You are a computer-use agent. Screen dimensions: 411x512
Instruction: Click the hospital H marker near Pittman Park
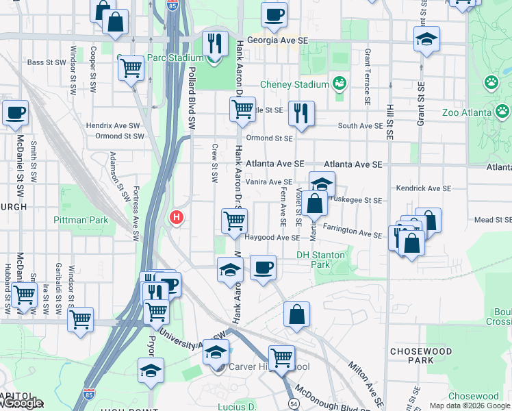coord(177,218)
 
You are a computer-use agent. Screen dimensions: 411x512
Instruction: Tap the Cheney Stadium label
coord(295,84)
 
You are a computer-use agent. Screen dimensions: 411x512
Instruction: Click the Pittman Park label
coord(81,220)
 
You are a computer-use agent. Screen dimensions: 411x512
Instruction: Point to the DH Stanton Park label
coord(322,259)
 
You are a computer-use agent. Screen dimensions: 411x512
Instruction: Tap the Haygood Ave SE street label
coord(272,238)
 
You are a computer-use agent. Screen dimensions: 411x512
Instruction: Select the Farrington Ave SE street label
coord(353,232)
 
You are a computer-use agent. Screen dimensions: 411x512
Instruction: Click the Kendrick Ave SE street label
coord(424,188)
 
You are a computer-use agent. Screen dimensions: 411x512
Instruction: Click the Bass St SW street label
coord(47,62)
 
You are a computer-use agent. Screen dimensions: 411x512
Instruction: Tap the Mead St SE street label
coord(493,220)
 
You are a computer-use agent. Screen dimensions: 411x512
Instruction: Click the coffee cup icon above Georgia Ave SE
coord(274,14)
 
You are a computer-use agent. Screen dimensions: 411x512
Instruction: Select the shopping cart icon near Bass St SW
coord(131,68)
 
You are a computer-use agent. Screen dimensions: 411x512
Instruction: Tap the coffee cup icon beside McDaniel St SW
coord(15,113)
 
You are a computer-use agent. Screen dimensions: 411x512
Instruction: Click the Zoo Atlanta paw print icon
coord(503,112)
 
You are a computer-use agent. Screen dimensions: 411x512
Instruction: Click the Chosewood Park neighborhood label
coord(412,355)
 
